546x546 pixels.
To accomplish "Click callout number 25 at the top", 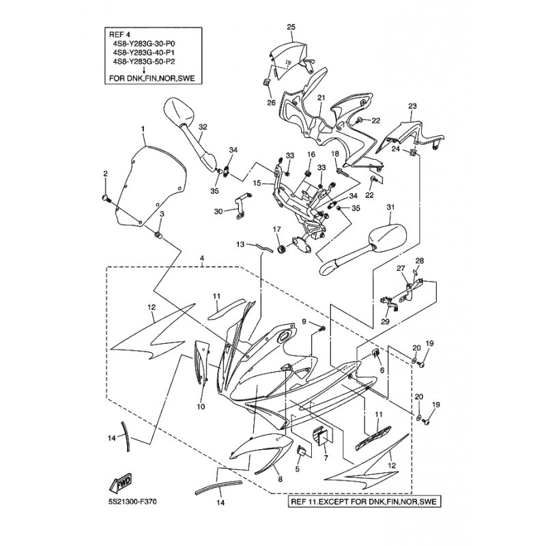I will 291,27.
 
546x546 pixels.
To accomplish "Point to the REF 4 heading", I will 120,33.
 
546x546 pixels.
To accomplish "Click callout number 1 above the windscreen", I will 143,128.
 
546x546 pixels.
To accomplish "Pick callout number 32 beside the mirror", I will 203,128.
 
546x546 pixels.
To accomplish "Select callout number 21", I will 321,98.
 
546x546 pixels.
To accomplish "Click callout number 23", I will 412,106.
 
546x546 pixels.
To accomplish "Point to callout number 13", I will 241,244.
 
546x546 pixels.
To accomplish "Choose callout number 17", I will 277,229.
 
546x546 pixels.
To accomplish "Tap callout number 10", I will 201,407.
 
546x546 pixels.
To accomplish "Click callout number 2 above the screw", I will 105,174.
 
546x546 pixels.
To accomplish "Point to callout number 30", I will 218,212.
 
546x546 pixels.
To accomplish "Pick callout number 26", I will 271,103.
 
